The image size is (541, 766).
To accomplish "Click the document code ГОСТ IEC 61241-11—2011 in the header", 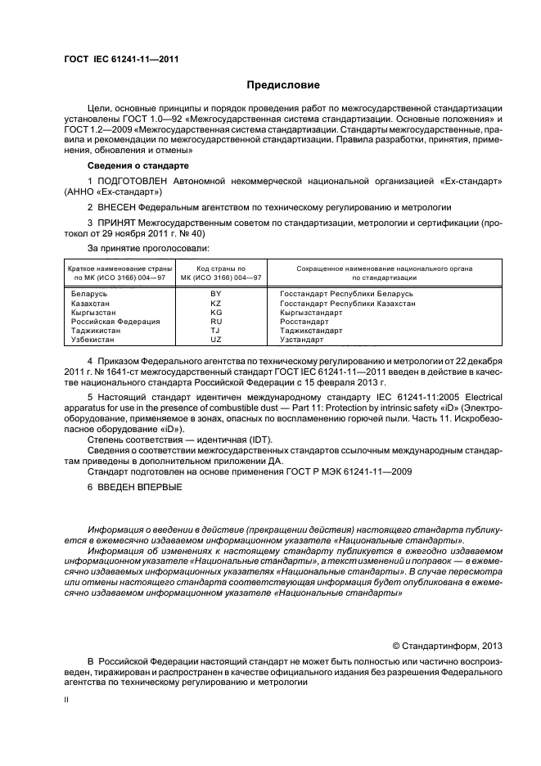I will (121, 59).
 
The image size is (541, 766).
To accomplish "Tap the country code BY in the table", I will (216, 293).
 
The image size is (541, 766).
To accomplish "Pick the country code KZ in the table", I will (216, 303).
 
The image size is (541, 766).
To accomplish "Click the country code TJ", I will (216, 331).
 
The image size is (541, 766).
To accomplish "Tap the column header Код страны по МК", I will (217, 273).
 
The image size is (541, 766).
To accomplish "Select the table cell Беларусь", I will (88, 293).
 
